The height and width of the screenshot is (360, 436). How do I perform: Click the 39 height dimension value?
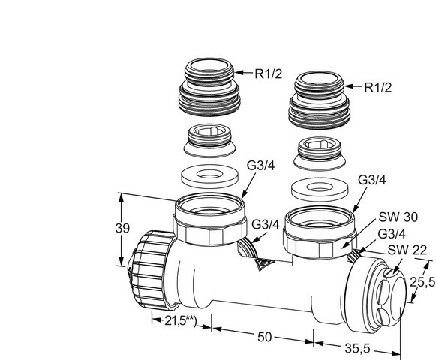pos(122,229)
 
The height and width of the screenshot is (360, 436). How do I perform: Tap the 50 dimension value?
pos(264,337)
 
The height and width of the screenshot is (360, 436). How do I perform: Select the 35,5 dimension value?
pos(358,348)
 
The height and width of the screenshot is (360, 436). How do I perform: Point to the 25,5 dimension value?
pos(423,283)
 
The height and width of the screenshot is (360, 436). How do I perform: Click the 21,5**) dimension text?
pos(180,320)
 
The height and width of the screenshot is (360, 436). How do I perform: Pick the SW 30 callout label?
pos(398,217)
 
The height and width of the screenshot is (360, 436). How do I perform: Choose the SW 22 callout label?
pos(407,250)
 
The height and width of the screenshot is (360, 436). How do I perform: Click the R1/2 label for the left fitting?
pos(269,73)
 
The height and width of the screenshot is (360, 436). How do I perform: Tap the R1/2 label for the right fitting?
pos(378,87)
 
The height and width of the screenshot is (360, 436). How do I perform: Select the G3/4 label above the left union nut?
pos(261,166)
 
